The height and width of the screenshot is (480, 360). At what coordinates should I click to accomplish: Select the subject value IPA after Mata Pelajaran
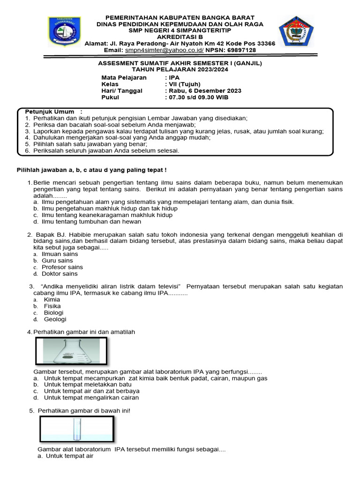(174, 77)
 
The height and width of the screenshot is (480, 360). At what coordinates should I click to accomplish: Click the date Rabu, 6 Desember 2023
(205, 90)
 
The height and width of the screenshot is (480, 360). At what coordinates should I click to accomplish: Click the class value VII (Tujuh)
(187, 84)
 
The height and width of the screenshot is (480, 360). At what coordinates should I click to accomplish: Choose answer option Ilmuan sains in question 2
(60, 254)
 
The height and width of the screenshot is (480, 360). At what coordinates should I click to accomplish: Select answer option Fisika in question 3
(52, 306)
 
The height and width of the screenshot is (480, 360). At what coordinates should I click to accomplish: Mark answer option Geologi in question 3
(55, 319)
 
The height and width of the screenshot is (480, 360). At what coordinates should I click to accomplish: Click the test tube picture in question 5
(76, 429)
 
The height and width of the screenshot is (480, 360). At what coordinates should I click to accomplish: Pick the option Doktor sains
(60, 274)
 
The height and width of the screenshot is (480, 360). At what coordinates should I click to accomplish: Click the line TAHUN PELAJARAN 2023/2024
(180, 69)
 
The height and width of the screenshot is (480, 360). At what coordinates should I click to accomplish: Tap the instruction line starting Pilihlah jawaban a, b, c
(92, 169)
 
